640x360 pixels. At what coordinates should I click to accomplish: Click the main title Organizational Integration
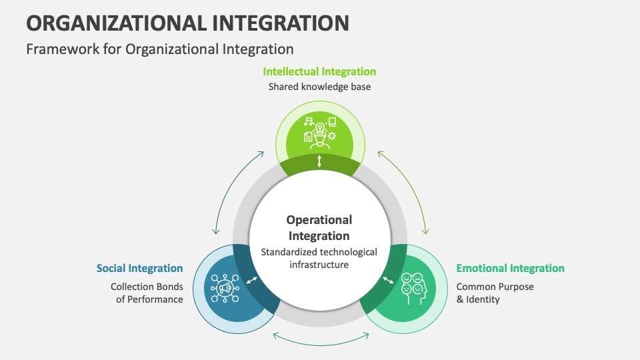click(187, 23)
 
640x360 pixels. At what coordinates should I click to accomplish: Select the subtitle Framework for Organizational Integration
click(160, 49)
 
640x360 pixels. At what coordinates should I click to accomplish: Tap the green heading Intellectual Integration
click(319, 71)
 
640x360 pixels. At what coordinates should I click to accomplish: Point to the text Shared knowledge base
click(319, 87)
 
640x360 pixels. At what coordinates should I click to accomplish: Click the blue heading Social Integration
click(139, 268)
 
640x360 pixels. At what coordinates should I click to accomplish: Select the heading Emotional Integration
click(510, 268)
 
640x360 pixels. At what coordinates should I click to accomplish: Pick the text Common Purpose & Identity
click(495, 293)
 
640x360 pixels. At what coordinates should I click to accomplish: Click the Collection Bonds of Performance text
click(147, 293)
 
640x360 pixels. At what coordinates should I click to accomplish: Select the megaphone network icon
click(225, 288)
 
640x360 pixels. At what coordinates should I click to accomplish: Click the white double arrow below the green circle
click(319, 161)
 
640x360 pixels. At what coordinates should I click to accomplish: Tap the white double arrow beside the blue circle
click(251, 281)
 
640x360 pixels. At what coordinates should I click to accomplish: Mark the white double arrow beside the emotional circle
click(387, 281)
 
